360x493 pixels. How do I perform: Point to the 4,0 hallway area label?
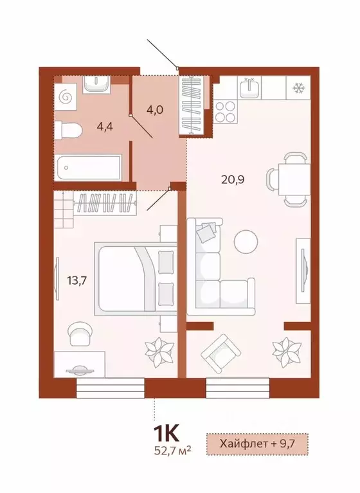[x=154, y=109]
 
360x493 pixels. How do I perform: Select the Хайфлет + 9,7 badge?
[x=258, y=444]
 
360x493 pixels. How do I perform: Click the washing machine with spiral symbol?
[x=65, y=97]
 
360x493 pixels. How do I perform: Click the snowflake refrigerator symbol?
[x=299, y=87]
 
